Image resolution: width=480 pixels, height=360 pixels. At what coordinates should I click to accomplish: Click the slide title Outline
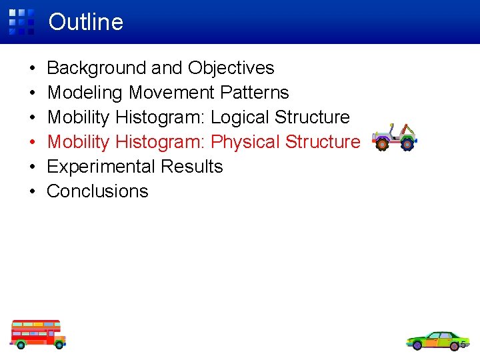click(86, 22)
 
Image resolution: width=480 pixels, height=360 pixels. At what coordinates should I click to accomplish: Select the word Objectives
click(231, 68)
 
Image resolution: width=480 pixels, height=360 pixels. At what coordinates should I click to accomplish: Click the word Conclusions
click(97, 191)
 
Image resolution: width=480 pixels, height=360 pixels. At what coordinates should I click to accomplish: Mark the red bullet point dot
click(33, 142)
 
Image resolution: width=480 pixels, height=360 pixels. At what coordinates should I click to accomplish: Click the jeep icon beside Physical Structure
click(393, 137)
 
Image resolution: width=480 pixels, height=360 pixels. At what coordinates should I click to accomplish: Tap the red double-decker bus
click(37, 333)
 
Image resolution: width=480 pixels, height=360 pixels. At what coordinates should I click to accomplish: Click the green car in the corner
click(437, 340)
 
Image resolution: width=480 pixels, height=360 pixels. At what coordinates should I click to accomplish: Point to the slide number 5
click(463, 345)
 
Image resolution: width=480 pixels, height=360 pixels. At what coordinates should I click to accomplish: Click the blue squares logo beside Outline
click(21, 21)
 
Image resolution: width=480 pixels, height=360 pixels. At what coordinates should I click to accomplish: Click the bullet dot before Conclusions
click(33, 191)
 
